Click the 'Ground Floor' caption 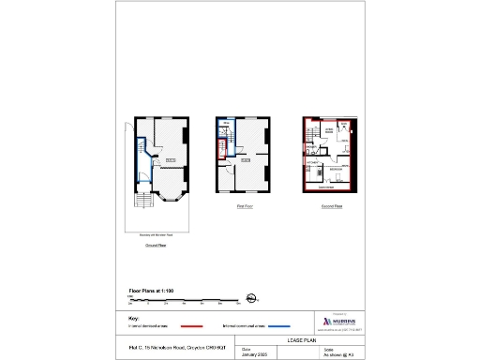click(156, 245)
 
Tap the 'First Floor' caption click(245, 205)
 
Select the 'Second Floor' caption click(332, 205)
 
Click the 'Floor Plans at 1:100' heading click(156, 292)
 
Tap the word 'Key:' click(134, 318)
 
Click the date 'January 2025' click(255, 354)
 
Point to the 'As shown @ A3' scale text click(337, 354)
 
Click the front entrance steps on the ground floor click(144, 203)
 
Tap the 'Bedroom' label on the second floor click(335, 170)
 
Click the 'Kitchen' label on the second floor click(313, 161)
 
